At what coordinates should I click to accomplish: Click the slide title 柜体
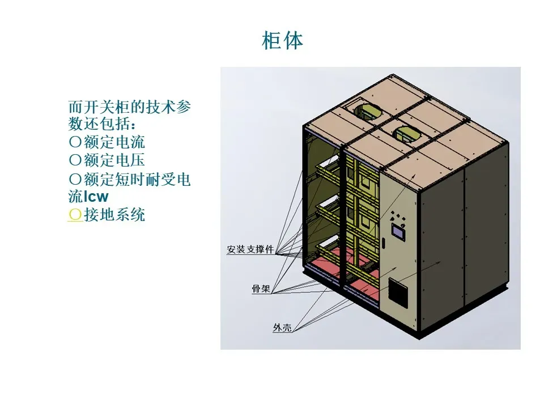pyautogui.click(x=282, y=41)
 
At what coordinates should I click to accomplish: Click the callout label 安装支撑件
pyautogui.click(x=250, y=249)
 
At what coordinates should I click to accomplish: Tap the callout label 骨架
pyautogui.click(x=261, y=288)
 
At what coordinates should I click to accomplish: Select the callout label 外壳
pyautogui.click(x=282, y=328)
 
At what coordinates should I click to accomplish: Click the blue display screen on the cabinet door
pyautogui.click(x=398, y=231)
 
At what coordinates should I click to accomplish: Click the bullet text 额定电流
pyautogui.click(x=114, y=142)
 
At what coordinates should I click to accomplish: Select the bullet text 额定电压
pyautogui.click(x=114, y=160)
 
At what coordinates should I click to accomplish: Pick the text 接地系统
pyautogui.click(x=114, y=215)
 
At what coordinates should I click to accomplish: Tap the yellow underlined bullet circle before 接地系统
pyautogui.click(x=74, y=215)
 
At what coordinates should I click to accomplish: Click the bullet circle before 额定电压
pyautogui.click(x=74, y=160)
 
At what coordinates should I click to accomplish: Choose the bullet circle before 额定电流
pyautogui.click(x=74, y=142)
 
